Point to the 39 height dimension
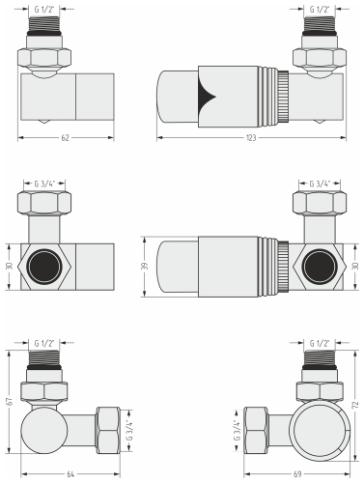(145, 265)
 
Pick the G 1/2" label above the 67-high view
(44, 343)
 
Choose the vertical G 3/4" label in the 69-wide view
(237, 425)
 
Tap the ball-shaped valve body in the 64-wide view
(44, 426)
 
